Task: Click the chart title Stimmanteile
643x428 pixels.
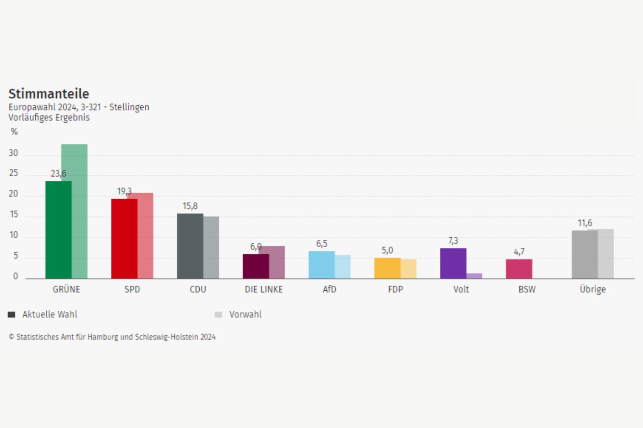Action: coord(49,94)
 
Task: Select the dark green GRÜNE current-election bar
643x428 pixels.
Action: coord(58,230)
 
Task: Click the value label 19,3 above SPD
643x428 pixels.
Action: coord(124,192)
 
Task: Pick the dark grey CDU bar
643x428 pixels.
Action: coord(190,246)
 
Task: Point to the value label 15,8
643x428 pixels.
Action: coord(190,206)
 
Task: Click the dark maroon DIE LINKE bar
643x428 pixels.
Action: coord(255,266)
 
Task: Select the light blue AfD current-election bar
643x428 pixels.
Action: coord(321,265)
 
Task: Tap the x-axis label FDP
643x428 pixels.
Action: coord(395,289)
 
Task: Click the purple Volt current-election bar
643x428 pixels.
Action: coord(453,264)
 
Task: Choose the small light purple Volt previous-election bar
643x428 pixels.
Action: coord(474,276)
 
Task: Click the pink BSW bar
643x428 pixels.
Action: coord(519,269)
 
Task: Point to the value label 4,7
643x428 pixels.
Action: coord(519,252)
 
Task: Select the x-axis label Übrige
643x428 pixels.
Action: coord(593,289)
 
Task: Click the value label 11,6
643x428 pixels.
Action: coord(585,223)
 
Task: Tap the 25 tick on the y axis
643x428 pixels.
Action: coord(13,173)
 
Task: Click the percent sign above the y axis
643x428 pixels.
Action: coord(14,132)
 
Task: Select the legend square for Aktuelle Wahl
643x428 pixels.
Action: coord(11,315)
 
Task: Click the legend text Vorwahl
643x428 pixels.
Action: coord(245,315)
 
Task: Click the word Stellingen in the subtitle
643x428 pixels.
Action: coord(129,107)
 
